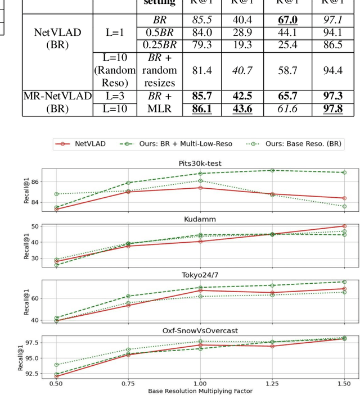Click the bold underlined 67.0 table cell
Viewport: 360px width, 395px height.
(283, 20)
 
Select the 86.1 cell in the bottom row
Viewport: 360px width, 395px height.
(201, 108)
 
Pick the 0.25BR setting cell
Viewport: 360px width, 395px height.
(159, 44)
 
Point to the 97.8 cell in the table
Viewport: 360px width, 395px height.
(332, 108)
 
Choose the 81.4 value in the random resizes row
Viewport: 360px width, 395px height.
(201, 70)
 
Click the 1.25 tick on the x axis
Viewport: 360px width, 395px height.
(272, 384)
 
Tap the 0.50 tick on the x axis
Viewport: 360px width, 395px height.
(56, 384)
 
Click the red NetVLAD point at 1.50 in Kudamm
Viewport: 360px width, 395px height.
(344, 226)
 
